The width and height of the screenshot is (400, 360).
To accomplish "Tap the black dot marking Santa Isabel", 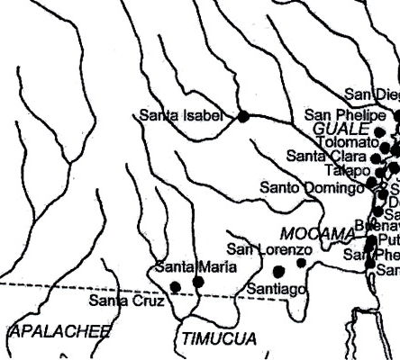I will pyautogui.click(x=242, y=115).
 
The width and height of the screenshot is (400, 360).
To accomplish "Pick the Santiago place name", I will pyautogui.click(x=277, y=288).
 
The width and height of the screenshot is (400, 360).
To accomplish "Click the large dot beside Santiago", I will pyautogui.click(x=278, y=270).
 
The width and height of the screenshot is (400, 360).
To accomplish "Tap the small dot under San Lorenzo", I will pyautogui.click(x=301, y=263).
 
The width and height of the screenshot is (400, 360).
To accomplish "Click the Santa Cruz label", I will pyautogui.click(x=126, y=300).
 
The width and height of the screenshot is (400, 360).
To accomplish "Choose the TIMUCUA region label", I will pyautogui.click(x=213, y=338).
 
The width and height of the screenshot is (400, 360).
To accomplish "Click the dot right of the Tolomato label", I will pyautogui.click(x=385, y=145).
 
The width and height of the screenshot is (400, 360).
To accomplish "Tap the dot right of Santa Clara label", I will pyautogui.click(x=376, y=158).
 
